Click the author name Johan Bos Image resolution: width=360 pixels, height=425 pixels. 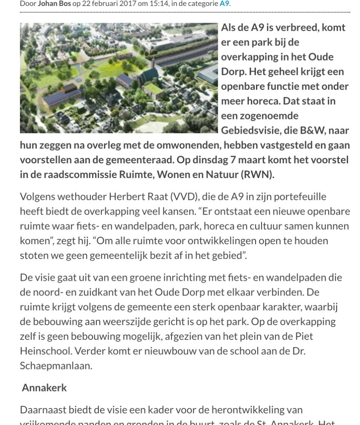point(54,4)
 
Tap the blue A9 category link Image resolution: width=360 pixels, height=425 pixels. point(224,4)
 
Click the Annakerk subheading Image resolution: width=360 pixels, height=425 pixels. point(45,388)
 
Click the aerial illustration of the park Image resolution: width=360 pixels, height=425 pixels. point(119,78)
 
